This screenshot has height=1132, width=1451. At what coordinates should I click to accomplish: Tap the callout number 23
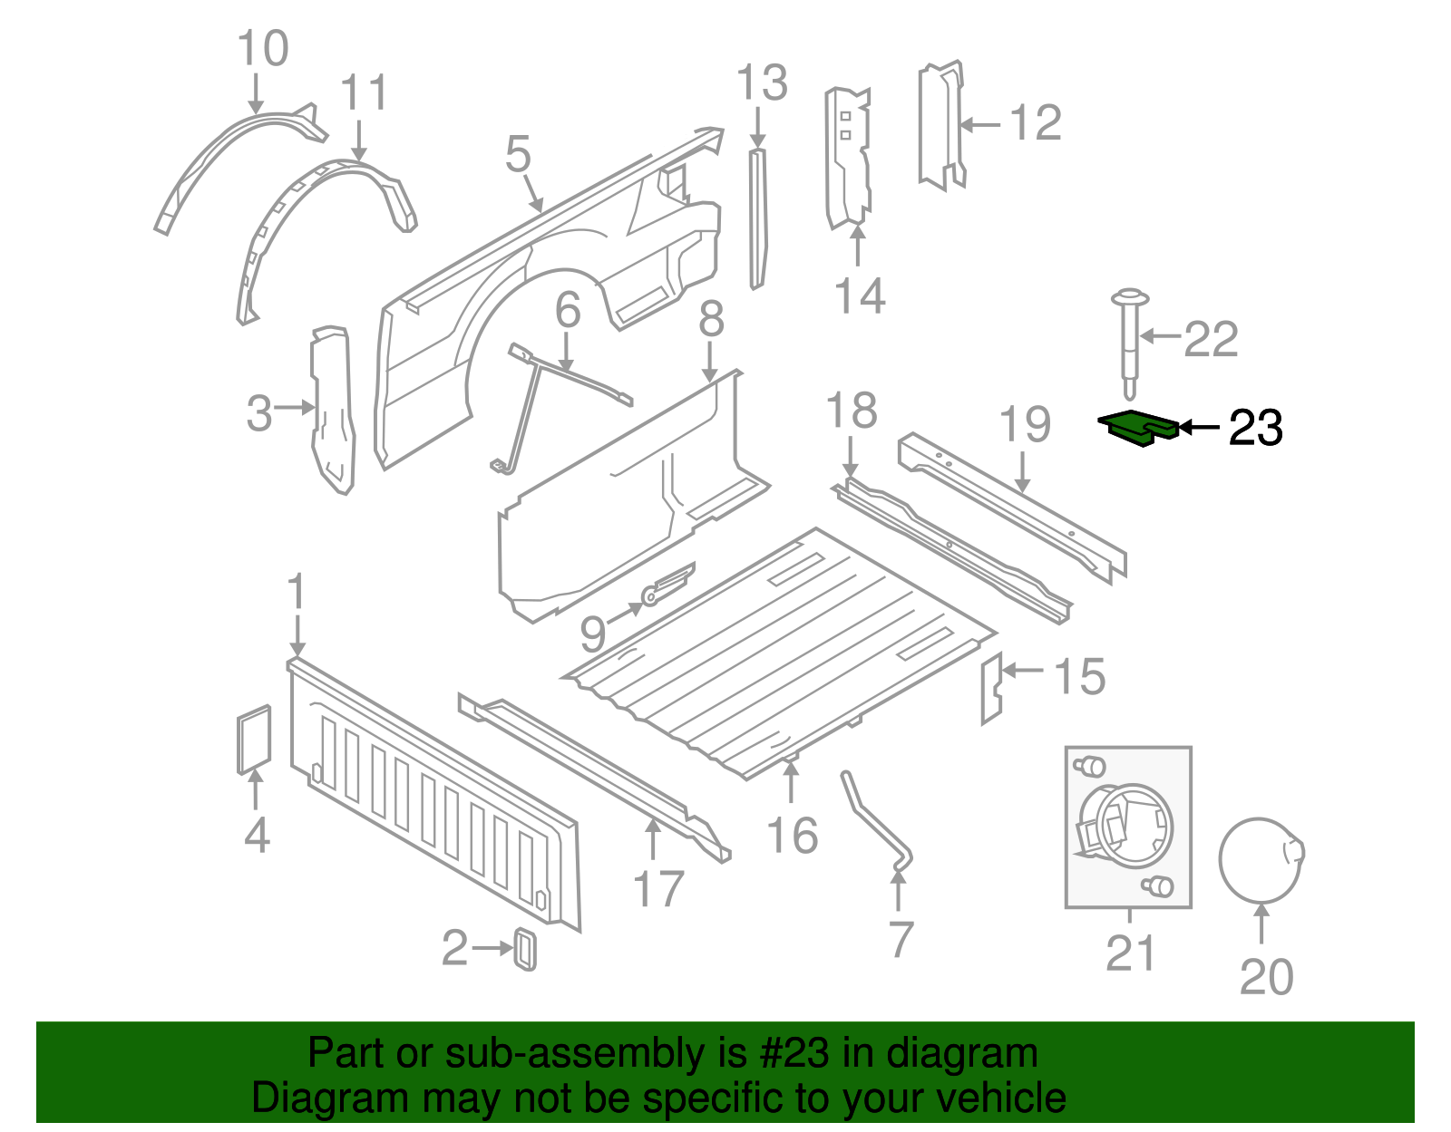point(1255,428)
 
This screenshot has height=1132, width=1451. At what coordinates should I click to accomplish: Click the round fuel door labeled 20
point(1260,861)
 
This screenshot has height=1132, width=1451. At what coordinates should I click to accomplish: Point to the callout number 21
point(1131,953)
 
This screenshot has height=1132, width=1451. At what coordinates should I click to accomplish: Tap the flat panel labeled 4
point(254,740)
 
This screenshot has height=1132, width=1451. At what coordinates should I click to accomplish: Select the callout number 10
point(263,49)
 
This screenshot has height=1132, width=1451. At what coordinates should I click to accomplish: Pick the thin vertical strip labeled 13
point(758,218)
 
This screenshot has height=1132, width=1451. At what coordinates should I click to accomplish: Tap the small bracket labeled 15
point(991,688)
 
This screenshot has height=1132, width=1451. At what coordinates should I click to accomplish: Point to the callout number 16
point(792,835)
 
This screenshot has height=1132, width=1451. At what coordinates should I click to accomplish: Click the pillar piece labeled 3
point(332,408)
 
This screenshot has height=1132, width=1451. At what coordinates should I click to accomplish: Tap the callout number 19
point(1025,424)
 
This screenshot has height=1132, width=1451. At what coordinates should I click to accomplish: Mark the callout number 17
point(657,889)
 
